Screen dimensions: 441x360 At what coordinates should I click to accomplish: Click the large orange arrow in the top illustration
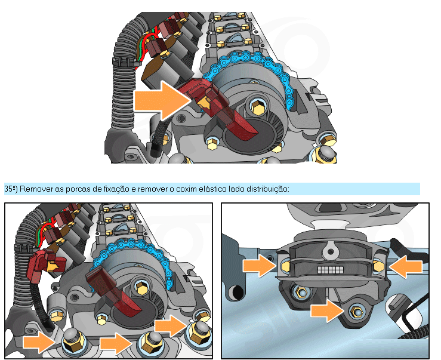click(x=162, y=101)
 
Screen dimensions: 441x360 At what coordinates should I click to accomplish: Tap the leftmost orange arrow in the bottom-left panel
click(x=39, y=342)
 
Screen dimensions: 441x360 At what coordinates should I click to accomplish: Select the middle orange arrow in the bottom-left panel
click(x=116, y=343)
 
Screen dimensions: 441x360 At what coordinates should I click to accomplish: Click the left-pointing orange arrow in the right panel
click(x=406, y=266)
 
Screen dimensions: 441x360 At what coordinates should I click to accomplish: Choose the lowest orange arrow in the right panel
click(x=328, y=310)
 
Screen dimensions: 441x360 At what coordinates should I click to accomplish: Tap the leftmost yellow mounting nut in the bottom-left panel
click(x=73, y=343)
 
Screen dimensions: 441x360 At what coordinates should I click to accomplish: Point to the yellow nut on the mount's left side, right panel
click(x=285, y=266)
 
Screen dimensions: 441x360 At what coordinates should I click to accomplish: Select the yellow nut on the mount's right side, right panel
click(x=378, y=266)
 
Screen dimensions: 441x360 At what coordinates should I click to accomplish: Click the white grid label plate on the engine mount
click(x=331, y=270)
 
